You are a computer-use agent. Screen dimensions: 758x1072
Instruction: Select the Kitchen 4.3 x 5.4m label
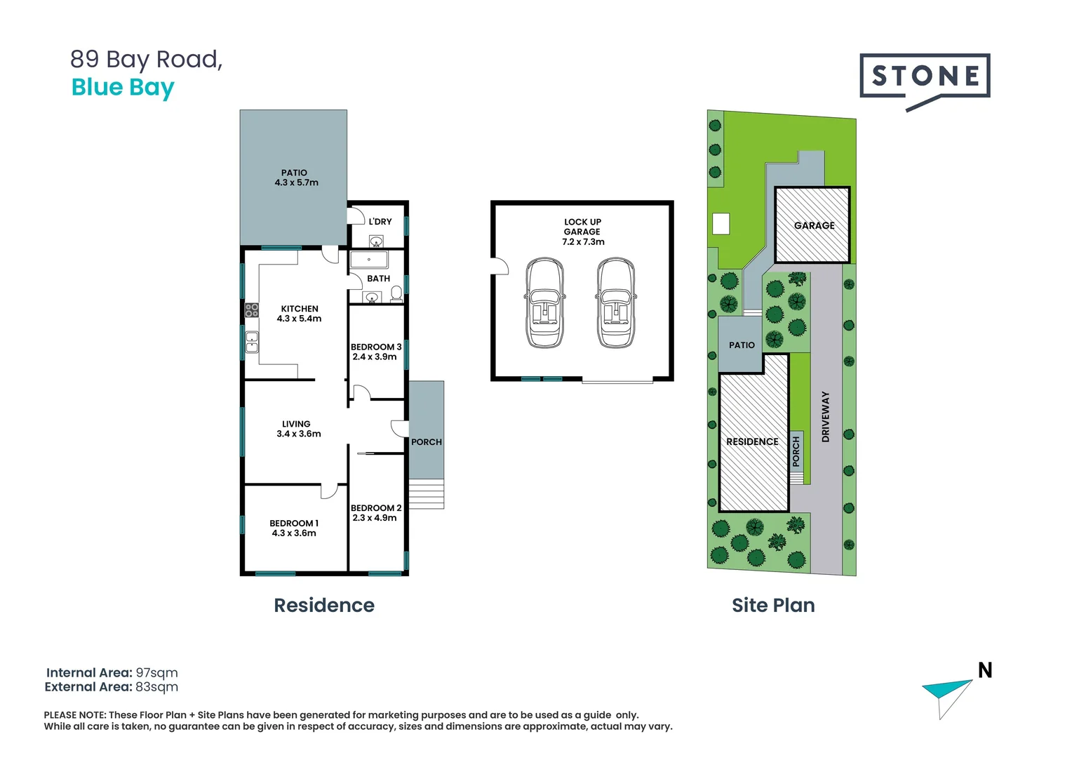click(300, 314)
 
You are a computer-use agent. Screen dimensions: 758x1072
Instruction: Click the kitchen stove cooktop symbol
click(252, 310)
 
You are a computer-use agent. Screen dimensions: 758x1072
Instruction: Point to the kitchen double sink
click(252, 342)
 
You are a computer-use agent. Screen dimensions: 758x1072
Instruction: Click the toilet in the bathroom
click(396, 293)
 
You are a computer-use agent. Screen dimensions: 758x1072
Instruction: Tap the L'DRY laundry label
click(380, 222)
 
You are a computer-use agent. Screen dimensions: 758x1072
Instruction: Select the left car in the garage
click(545, 303)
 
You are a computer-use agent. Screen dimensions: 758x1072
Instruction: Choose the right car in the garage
click(616, 303)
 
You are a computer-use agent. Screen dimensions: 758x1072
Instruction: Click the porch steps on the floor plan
click(426, 494)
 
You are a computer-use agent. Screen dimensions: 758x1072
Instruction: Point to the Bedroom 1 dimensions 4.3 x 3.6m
click(294, 533)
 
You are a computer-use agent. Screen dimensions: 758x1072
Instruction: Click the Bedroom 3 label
click(376, 347)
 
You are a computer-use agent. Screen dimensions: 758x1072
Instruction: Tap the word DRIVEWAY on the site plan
click(826, 416)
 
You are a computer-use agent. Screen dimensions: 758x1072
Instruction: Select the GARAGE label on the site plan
click(814, 225)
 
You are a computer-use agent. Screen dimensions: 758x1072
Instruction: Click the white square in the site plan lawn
click(721, 224)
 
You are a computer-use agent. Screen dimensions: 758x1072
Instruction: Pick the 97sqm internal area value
click(156, 673)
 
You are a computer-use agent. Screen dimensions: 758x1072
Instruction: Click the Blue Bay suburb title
click(123, 88)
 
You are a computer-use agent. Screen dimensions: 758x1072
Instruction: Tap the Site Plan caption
click(773, 605)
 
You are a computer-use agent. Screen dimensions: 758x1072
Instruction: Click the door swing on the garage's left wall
click(500, 266)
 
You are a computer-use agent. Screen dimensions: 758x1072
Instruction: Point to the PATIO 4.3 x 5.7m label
click(295, 178)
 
